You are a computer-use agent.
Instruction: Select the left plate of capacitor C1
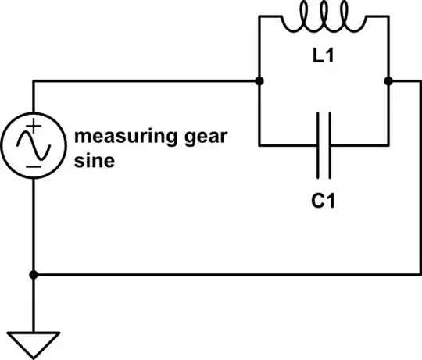pyautogui.click(x=317, y=144)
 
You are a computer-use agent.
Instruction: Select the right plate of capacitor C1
pyautogui.click(x=329, y=144)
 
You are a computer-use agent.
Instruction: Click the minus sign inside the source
pyautogui.click(x=34, y=166)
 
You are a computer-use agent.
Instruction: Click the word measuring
pyautogui.click(x=122, y=138)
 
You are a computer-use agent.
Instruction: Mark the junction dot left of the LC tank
pyautogui.click(x=259, y=80)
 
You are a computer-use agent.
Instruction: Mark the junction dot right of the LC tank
pyautogui.click(x=388, y=80)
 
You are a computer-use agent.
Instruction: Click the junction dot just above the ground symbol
pyautogui.click(x=34, y=275)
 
